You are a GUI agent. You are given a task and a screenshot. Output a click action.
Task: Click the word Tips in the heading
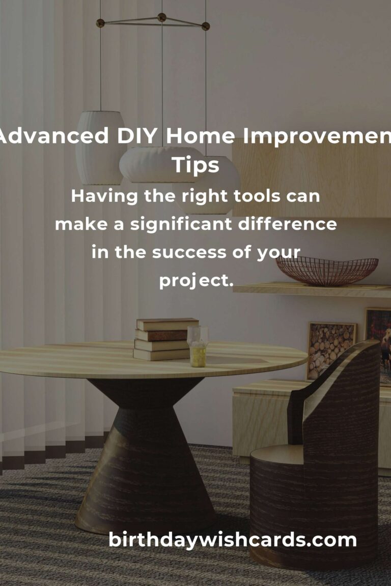click(x=195, y=165)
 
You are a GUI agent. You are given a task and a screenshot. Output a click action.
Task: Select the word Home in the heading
click(x=200, y=136)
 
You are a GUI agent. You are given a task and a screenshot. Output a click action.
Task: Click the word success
click(x=189, y=253)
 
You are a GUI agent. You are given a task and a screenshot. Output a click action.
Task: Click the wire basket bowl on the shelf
click(x=327, y=271)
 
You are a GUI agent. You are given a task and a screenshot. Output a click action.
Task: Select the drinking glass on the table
click(x=198, y=346)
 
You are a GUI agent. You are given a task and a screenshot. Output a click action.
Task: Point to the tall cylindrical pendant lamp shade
click(x=100, y=148)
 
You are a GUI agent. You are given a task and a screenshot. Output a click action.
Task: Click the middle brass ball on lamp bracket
click(x=161, y=17)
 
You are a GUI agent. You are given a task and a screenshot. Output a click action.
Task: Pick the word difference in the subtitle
click(x=287, y=224)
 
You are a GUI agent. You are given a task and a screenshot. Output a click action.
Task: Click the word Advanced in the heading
click(x=53, y=136)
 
